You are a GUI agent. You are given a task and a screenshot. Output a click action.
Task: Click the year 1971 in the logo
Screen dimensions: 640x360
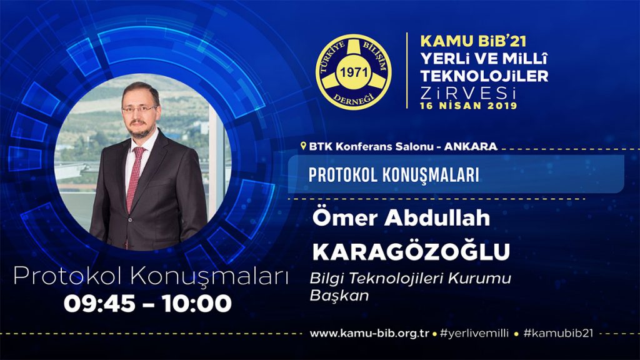[x=354, y=72]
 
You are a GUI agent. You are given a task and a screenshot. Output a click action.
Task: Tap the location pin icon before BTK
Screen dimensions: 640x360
[x=303, y=146]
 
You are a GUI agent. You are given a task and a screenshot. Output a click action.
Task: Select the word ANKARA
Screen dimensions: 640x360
[x=471, y=146]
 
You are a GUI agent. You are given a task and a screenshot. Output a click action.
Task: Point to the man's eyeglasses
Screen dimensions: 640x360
[x=139, y=109]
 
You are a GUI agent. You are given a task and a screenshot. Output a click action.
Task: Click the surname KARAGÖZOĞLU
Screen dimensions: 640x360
[x=411, y=251]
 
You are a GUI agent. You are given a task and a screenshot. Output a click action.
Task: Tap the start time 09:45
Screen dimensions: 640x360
[x=99, y=304]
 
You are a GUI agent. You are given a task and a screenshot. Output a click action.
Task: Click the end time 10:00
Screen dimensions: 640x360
[x=197, y=304]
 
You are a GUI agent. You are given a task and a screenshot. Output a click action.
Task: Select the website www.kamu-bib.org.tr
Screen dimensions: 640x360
[x=369, y=334]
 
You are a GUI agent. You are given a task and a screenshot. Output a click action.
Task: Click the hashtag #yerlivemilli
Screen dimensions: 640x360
[x=474, y=334]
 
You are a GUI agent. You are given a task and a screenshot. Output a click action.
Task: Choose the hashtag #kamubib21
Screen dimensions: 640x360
[x=558, y=333]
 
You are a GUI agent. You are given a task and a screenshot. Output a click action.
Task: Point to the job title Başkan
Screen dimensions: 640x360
[x=339, y=295]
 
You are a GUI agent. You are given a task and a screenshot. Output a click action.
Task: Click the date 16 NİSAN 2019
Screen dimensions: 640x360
[x=469, y=106]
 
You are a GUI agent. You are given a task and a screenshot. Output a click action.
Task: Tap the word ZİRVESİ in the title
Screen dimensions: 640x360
[x=467, y=93]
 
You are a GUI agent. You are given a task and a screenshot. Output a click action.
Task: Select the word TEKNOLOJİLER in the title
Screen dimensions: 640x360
[x=484, y=76]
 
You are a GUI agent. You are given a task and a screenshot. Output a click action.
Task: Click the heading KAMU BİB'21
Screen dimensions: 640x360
[x=474, y=41]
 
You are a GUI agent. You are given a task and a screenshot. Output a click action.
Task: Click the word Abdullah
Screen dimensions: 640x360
[x=437, y=217]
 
